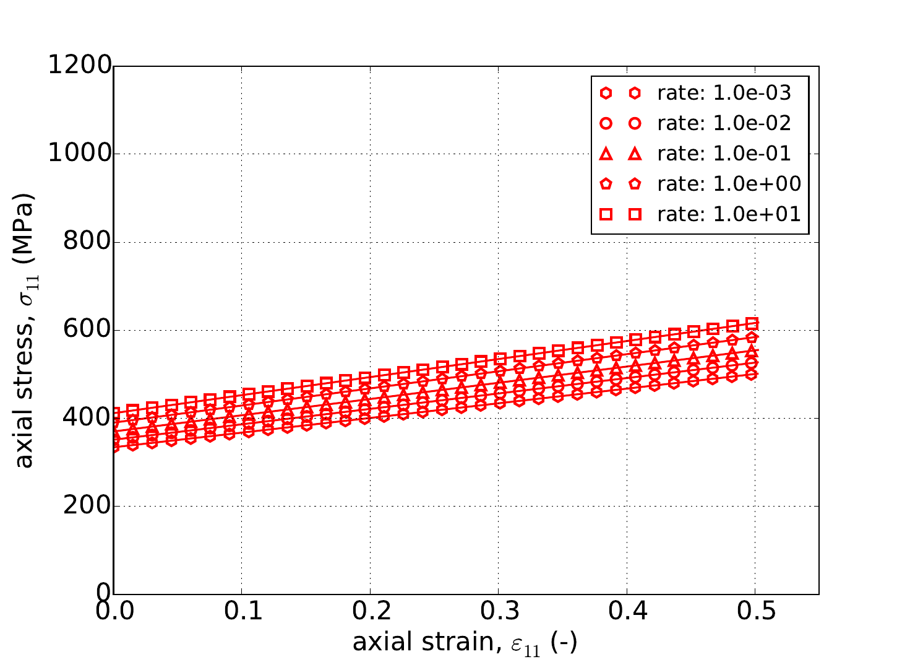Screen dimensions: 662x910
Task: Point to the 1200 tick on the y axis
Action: coord(81,66)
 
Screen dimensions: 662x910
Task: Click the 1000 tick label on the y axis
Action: coord(81,154)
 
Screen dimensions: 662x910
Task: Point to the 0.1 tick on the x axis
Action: coord(242,612)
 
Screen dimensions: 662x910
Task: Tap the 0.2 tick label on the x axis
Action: coord(370,612)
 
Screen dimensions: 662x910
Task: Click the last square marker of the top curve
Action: coord(752,323)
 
